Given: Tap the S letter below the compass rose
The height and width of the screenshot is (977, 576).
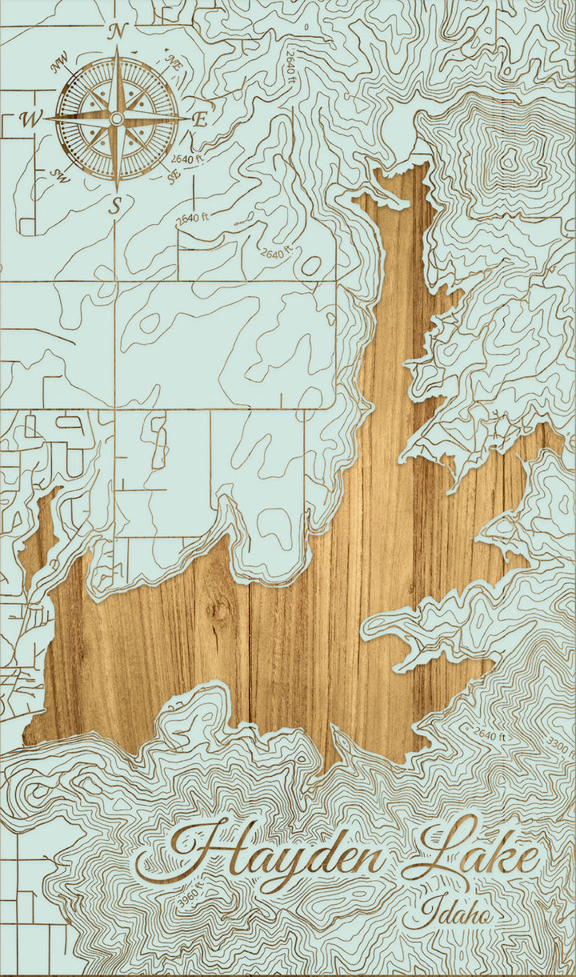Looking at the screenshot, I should coord(117,207).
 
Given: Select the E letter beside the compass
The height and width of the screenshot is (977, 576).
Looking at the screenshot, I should coord(200,120).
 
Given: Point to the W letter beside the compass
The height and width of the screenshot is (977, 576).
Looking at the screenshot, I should coord(30,120).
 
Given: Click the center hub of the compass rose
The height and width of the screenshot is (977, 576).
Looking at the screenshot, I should coord(117,119).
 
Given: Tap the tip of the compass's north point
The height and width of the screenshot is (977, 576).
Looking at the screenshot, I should coord(117,48).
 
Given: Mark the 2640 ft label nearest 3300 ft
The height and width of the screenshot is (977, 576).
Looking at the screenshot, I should coord(490,734).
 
